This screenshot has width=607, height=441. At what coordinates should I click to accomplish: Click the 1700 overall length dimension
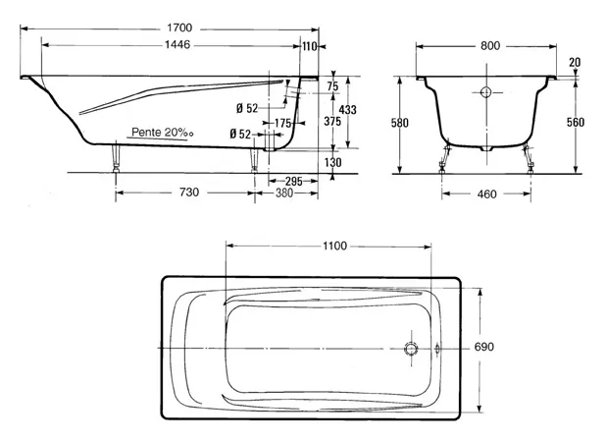coord(179,28)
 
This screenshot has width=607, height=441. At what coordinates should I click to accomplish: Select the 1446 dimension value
coord(177,45)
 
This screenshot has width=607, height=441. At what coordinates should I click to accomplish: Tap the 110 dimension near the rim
coord(309,46)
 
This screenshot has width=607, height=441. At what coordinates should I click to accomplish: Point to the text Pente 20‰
coord(163,133)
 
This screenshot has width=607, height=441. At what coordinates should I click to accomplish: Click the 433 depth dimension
coord(348,110)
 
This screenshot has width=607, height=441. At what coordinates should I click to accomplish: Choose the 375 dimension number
coord(332,122)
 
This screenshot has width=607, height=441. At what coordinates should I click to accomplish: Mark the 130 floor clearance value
coord(333,162)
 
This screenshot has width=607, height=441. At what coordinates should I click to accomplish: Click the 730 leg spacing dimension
coord(189,193)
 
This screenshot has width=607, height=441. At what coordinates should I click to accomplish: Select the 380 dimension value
coord(283,193)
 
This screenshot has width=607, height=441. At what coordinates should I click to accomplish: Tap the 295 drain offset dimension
coord(294,181)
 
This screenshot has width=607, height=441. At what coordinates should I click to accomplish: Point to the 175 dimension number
coord(282,124)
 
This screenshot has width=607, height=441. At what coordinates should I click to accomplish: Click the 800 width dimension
coord(490,46)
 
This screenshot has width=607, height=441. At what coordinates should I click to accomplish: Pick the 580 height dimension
coord(399,123)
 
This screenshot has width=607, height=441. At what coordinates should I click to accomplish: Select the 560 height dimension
coord(576,123)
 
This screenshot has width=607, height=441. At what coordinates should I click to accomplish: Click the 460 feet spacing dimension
coord(487,193)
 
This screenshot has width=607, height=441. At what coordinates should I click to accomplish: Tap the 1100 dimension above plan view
coord(335,246)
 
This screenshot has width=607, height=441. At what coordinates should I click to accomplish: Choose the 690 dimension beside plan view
coord(483,347)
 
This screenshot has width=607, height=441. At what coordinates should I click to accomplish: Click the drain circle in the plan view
coord(411,349)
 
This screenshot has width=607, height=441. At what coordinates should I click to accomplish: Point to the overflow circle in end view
coord(485,92)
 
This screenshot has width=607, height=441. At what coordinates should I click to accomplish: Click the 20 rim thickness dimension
coord(575,62)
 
